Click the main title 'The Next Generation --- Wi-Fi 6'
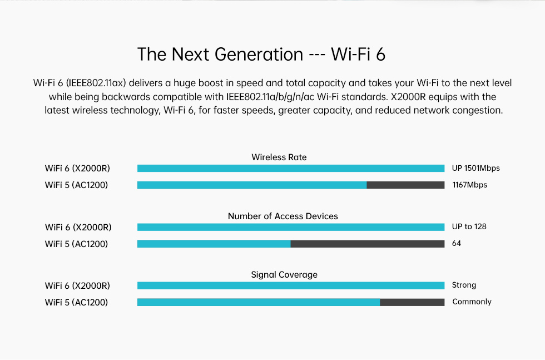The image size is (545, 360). pos(261,55)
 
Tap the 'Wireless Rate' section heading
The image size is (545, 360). pos(279,157)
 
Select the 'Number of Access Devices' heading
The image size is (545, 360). pos(283,216)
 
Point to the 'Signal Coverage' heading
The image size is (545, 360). pos(284,275)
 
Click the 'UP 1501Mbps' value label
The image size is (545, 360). pos(476,169)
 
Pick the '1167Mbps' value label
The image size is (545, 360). pos(469,185)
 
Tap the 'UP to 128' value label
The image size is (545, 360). pos(469,227)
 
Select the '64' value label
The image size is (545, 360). pos(457,244)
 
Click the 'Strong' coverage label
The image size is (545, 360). pos(464,285)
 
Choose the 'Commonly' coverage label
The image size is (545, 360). pos(472,302)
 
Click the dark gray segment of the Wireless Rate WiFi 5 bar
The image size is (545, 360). pos(405,185)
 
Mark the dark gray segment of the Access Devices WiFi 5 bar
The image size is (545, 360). pos(368,244)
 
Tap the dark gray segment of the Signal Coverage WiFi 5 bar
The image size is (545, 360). pos(412,302)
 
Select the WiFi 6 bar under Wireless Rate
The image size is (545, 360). pos(291,169)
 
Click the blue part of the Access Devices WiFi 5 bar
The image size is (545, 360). pos(214,244)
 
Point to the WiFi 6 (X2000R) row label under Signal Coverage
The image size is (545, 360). pos(77,286)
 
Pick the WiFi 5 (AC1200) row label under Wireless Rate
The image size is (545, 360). pos(77,185)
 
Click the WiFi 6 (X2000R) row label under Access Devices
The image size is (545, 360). pos(78,228)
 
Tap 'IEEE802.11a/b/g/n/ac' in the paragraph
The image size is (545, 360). pos(270,97)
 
